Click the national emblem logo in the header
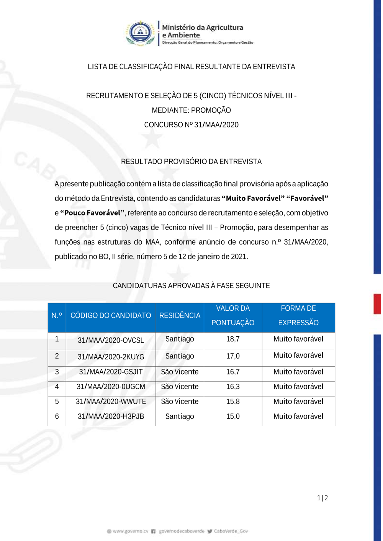(141, 33)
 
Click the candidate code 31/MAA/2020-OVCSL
(111, 340)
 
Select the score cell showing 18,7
(233, 339)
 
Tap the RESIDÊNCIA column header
(180, 316)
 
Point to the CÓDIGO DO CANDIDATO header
(111, 316)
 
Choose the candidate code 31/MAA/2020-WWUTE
(111, 401)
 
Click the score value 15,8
(233, 401)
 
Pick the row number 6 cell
(57, 416)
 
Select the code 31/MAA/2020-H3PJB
(111, 416)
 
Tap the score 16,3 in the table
(233, 386)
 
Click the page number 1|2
(322, 498)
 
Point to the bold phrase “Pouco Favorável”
(92, 213)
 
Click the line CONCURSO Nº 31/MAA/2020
(191, 125)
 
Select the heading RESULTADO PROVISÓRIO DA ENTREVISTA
(191, 161)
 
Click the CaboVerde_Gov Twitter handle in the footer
(231, 531)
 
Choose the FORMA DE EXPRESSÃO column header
(298, 316)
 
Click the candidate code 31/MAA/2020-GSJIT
(111, 372)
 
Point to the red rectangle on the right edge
(377, 304)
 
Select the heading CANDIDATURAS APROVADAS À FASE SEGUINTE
(191, 285)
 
